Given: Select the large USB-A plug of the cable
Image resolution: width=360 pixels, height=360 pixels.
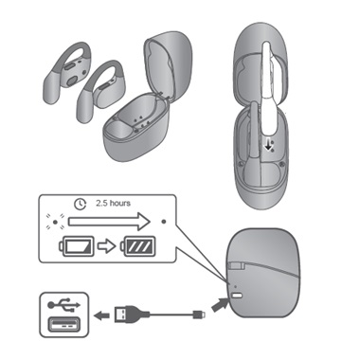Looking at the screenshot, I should click(x=130, y=313).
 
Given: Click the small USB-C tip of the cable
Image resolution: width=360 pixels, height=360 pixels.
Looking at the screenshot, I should click(x=196, y=314).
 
